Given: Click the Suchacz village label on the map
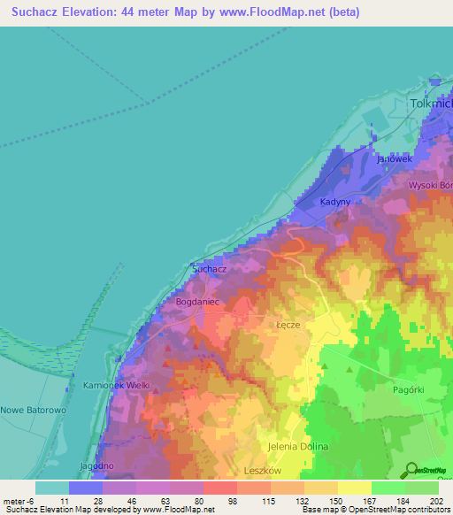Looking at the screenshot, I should click(210, 268).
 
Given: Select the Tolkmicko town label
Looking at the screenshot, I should click(431, 104).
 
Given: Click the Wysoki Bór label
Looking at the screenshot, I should click(430, 186).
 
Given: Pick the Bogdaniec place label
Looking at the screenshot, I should click(197, 302).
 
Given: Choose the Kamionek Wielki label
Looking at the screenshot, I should click(116, 387).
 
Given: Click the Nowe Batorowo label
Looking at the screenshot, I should click(29, 411).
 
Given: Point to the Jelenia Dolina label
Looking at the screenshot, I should click(298, 447).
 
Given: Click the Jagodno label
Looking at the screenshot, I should click(97, 465).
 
